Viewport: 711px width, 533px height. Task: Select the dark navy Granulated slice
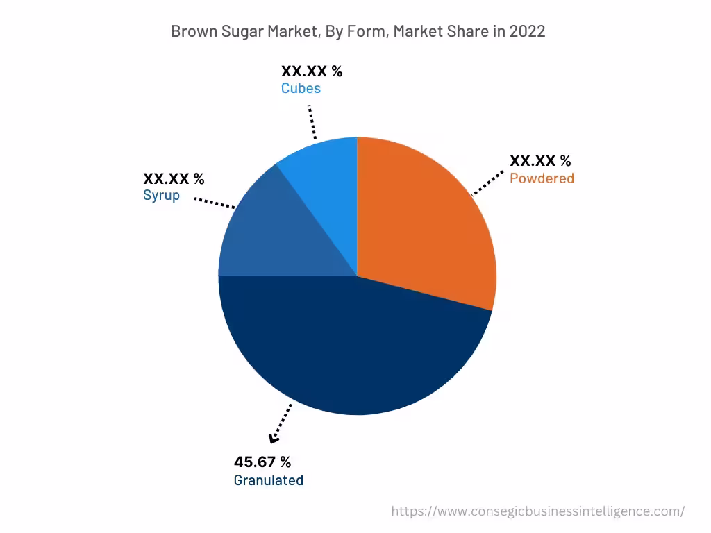354,347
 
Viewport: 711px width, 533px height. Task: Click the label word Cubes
301,89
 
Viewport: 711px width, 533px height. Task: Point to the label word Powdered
542,178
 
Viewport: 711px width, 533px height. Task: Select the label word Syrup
161,195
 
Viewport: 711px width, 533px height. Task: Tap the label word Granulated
268,480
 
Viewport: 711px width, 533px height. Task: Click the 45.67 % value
262,462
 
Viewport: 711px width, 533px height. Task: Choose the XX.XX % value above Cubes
311,71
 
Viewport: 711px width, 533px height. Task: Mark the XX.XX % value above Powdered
540,161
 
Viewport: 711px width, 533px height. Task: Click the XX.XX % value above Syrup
174,179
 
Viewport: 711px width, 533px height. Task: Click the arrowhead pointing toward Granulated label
274,438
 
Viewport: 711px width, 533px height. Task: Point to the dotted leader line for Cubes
312,123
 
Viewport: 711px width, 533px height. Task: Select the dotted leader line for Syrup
215,203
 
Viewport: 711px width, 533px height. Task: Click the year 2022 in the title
527,31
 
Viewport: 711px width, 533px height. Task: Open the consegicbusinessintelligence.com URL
537,511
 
